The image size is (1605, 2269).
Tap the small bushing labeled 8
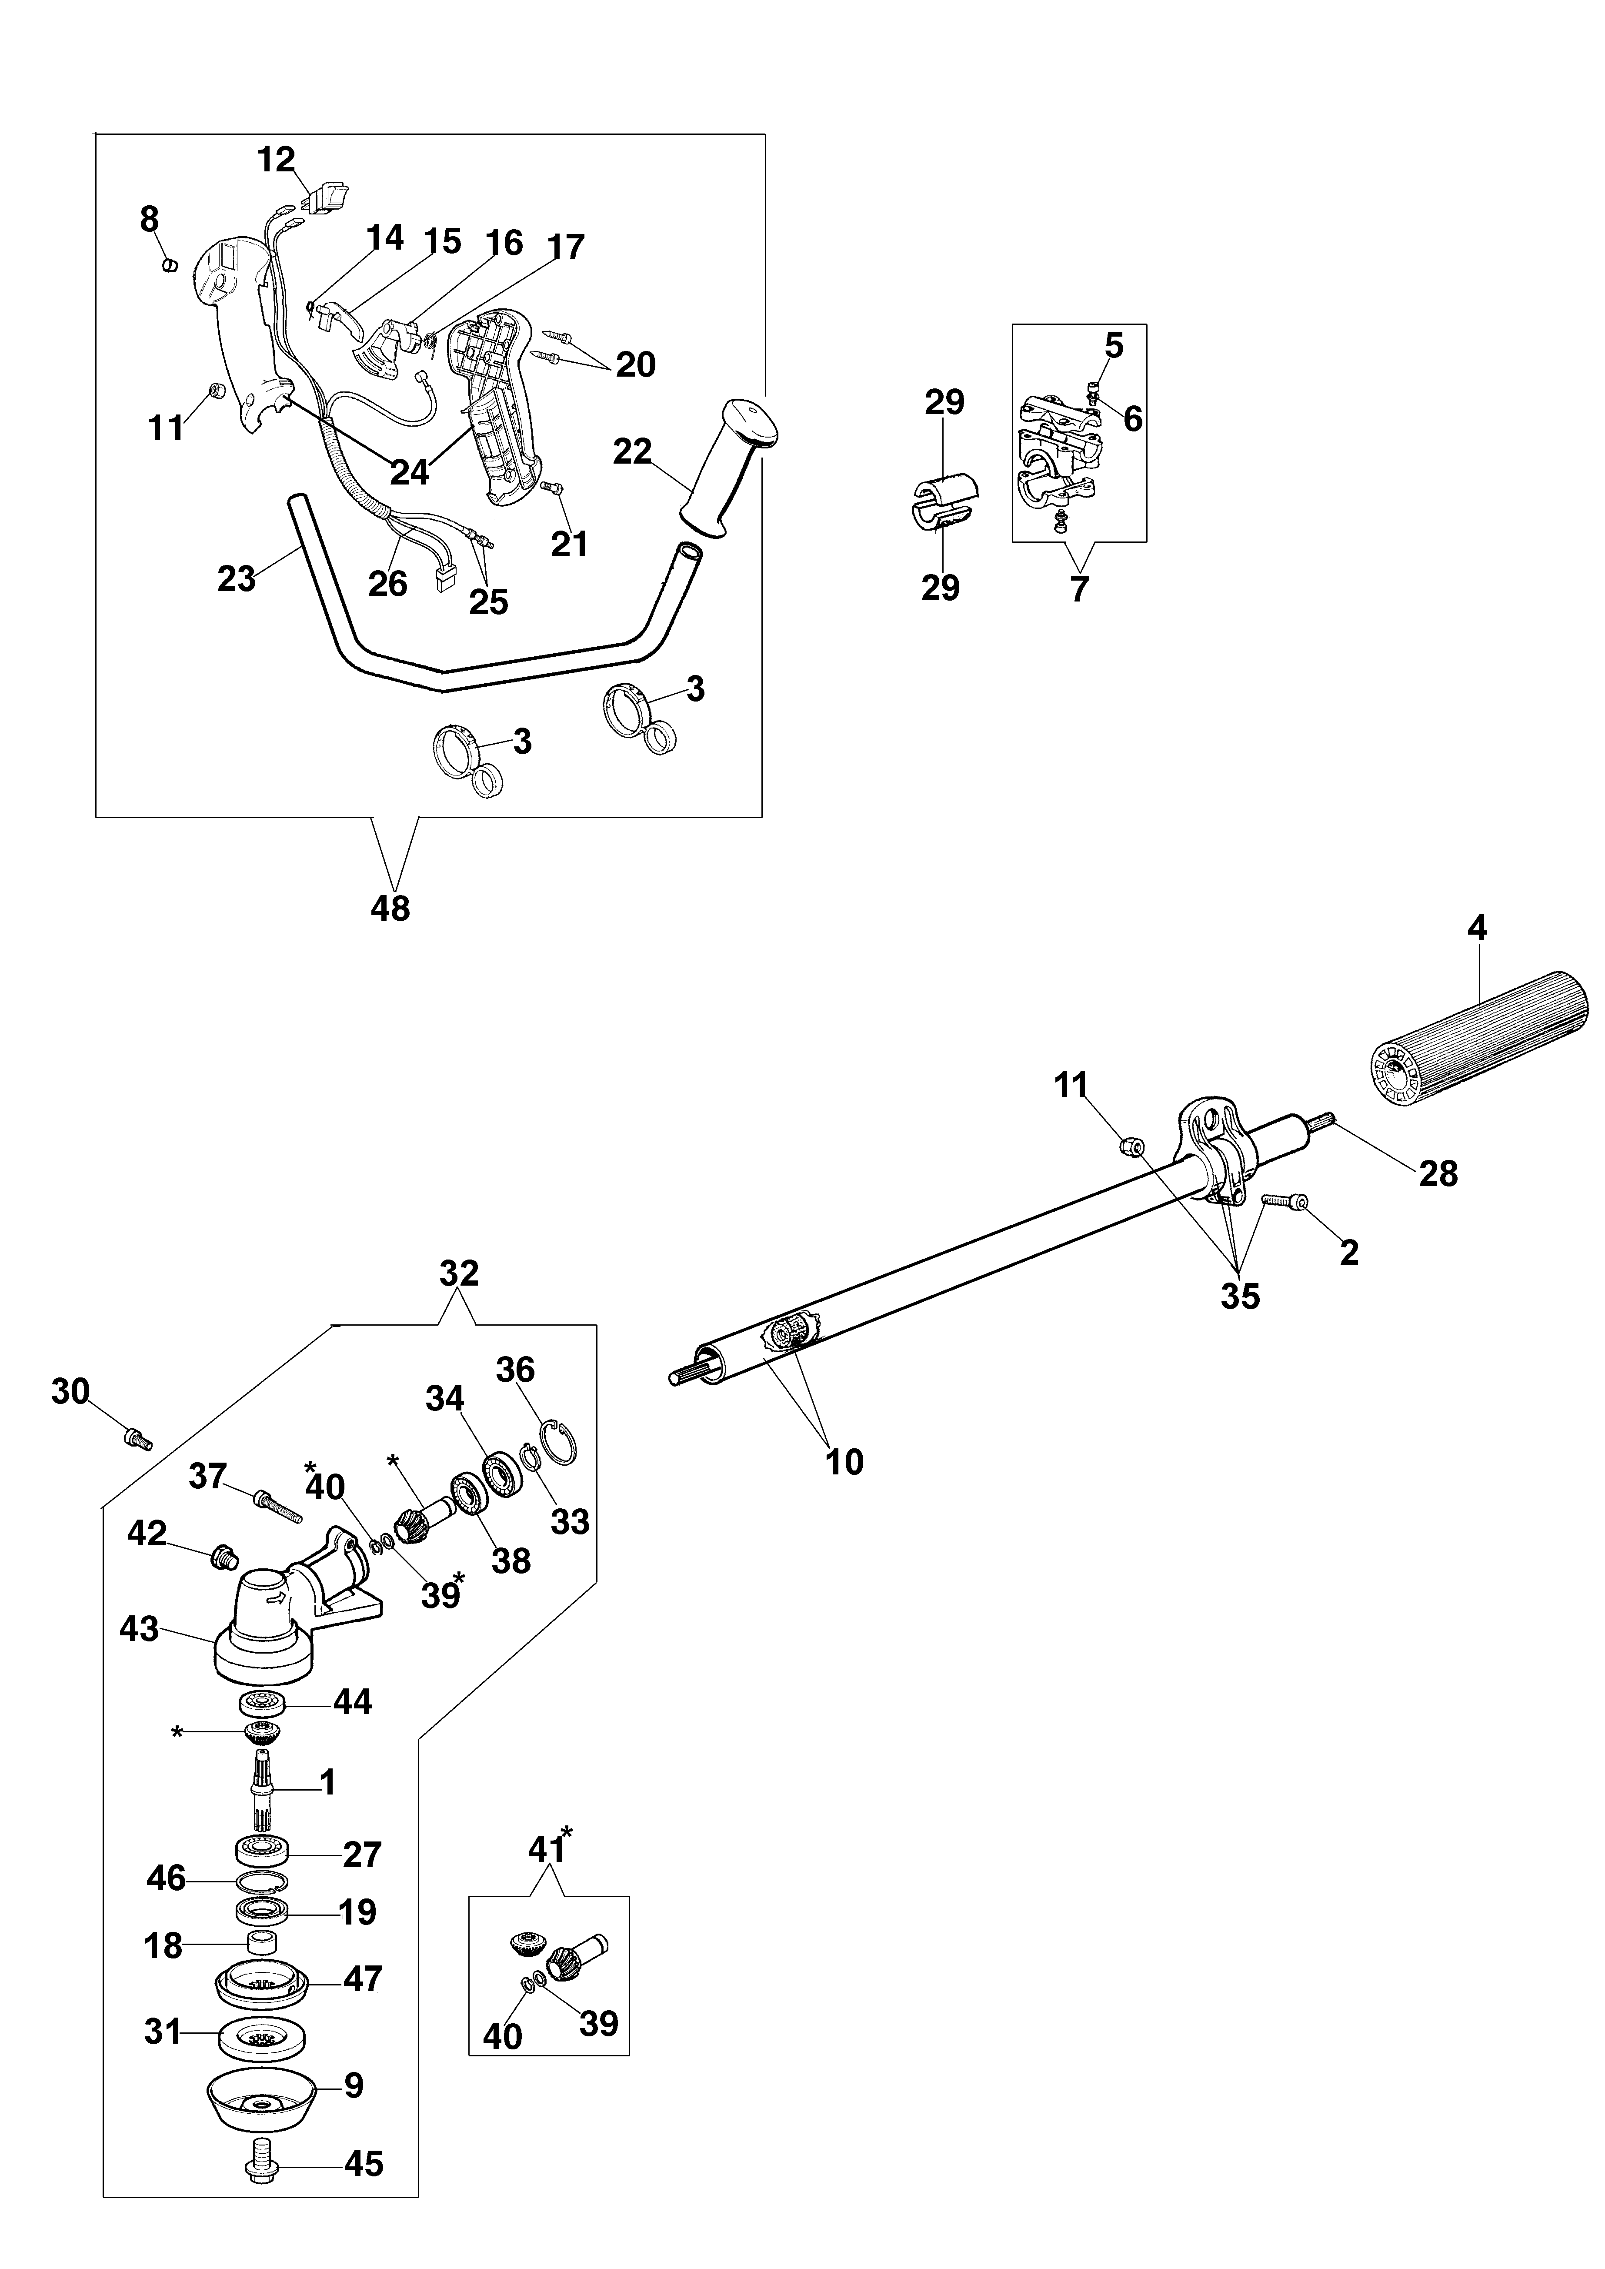(169, 266)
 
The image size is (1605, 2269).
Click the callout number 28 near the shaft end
(1438, 1174)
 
